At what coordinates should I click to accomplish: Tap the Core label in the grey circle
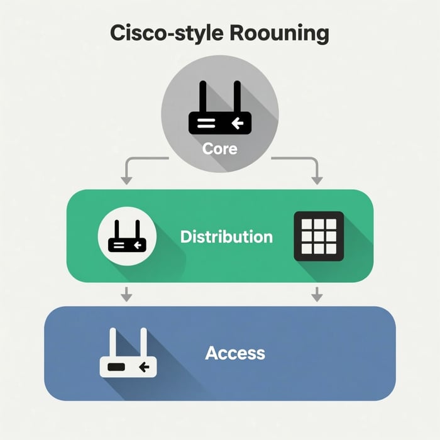219,149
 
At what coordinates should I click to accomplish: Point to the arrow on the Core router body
238,123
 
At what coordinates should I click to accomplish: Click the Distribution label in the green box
226,237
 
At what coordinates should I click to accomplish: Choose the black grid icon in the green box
319,236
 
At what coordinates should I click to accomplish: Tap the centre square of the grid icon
319,236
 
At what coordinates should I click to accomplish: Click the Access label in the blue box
235,353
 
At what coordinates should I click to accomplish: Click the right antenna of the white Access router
144,343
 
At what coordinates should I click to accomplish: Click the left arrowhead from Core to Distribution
126,180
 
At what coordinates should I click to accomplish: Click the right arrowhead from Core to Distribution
317,180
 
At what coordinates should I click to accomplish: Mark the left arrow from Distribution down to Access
126,294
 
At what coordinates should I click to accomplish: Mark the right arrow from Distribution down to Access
317,294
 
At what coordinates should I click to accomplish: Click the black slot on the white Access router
116,366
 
